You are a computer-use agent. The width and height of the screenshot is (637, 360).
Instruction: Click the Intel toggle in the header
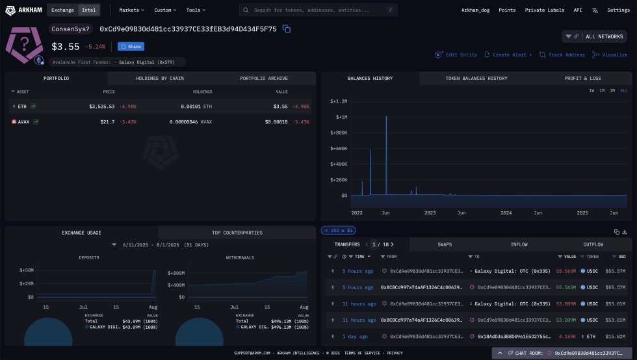(89, 10)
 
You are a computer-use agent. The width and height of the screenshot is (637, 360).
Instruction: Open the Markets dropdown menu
(132, 10)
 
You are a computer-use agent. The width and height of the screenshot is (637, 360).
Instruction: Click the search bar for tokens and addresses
(318, 10)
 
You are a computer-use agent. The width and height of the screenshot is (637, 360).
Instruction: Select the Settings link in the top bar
(618, 10)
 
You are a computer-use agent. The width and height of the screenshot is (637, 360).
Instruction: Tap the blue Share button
(131, 47)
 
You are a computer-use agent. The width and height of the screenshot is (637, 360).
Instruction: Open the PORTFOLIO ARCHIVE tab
(264, 78)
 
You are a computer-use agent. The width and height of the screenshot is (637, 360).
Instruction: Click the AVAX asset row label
(24, 122)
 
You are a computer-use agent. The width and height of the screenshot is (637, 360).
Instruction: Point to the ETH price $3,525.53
(101, 106)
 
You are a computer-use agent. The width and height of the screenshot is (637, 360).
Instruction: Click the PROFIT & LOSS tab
(582, 78)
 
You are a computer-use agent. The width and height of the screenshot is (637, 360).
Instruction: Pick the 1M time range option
(602, 90)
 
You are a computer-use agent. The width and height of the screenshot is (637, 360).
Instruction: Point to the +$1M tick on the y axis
(340, 117)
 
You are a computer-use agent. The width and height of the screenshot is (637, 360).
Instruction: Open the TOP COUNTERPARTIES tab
(237, 232)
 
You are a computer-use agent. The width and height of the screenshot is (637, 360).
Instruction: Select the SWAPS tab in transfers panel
(445, 244)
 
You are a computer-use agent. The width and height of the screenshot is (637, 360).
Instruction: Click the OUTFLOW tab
(593, 244)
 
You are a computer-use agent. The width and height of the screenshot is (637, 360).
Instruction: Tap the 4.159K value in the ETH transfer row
(566, 337)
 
